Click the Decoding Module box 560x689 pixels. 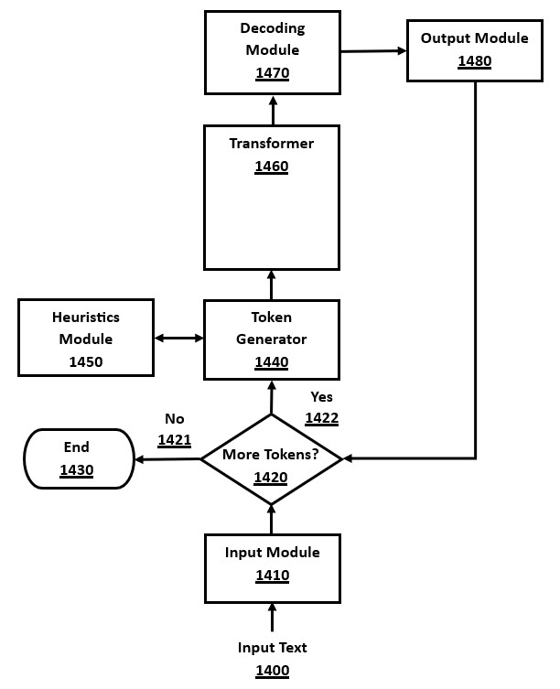[x=272, y=52]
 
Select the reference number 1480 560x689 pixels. [x=474, y=62]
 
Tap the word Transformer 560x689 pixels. [x=272, y=144]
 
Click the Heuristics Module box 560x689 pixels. [x=85, y=339]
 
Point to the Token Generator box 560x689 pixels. [x=272, y=339]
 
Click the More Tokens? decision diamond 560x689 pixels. [x=271, y=458]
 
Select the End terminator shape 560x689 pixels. [x=76, y=458]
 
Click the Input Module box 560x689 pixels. [x=272, y=567]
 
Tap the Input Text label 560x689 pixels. [x=272, y=648]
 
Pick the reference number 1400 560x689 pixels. [x=272, y=671]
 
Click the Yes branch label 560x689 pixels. [x=322, y=397]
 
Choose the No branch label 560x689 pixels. [x=174, y=419]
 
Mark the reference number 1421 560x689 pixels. [x=174, y=440]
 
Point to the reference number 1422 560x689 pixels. [x=322, y=418]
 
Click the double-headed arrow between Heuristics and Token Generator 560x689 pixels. [x=178, y=339]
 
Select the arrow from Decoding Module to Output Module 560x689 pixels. [x=373, y=51]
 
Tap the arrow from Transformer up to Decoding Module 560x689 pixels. [x=272, y=110]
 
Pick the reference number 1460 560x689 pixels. [x=272, y=167]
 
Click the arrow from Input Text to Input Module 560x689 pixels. [x=272, y=618]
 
